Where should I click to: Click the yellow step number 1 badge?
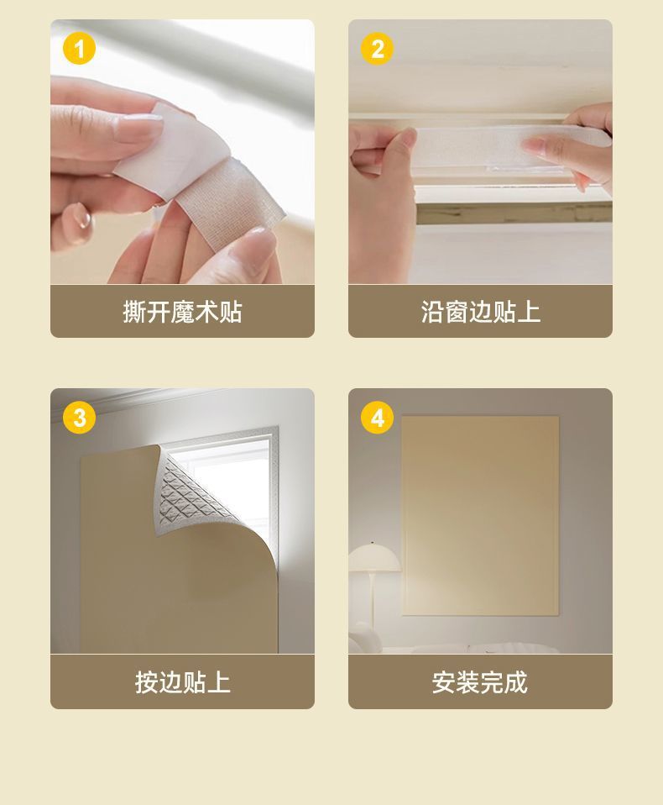[80, 50]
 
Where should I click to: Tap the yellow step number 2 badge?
[377, 50]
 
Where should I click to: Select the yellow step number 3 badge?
[80, 418]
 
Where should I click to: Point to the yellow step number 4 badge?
[377, 418]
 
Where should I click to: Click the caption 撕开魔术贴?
[182, 313]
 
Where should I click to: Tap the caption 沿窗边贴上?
[480, 313]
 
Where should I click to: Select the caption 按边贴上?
[182, 681]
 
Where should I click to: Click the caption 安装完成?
[480, 681]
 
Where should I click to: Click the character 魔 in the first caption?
[182, 313]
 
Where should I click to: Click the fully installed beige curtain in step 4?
[480, 513]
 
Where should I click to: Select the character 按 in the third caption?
[147, 681]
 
